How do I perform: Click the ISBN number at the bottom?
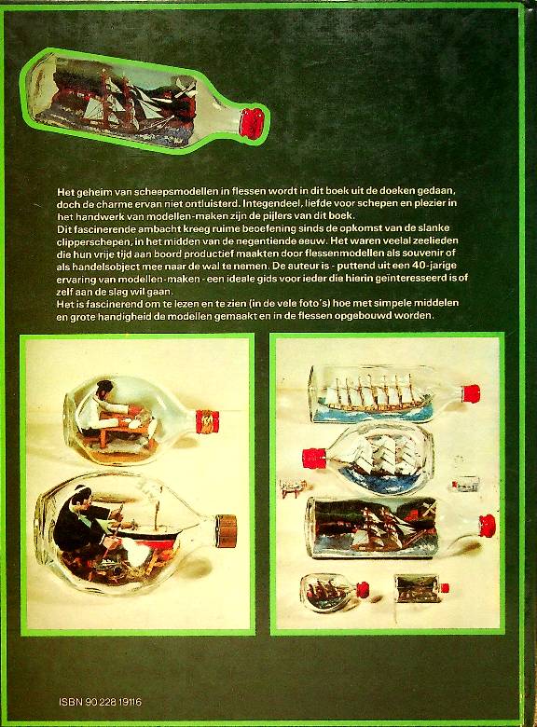(100, 702)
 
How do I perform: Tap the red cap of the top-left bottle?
(253, 123)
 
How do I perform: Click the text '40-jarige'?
(434, 266)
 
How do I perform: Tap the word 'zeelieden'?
(435, 240)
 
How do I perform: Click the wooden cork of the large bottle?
(227, 530)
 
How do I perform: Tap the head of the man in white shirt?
(105, 388)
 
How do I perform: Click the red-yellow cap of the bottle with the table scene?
(207, 421)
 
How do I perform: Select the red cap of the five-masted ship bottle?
(470, 394)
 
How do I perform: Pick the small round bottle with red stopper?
(334, 592)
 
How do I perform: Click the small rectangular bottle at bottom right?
(421, 589)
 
